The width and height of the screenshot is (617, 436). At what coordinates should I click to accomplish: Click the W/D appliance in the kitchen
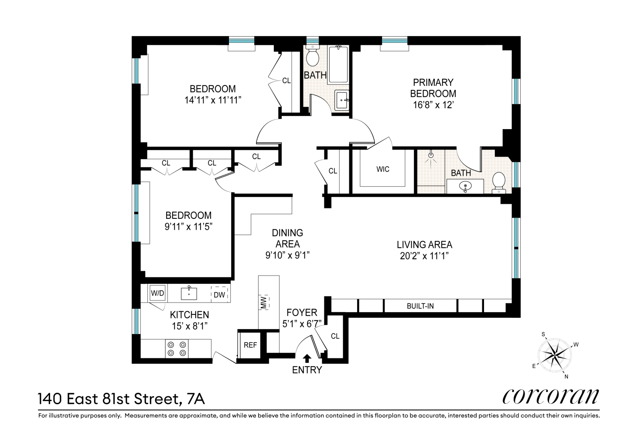pos(157,293)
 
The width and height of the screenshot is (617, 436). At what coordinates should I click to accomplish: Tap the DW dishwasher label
pos(219,295)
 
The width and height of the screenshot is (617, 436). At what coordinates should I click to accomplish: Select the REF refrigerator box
pos(250,345)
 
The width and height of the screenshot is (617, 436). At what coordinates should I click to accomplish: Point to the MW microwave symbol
pos(264,302)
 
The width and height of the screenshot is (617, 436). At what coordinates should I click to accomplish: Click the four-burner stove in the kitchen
pos(177,349)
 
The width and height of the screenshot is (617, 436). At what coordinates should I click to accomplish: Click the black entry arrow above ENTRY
pos(307,358)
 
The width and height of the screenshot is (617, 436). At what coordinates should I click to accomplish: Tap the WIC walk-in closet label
pos(383,169)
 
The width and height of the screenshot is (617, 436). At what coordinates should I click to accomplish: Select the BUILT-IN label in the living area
pos(420,306)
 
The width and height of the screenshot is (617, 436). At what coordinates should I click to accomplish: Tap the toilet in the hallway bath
pos(313,56)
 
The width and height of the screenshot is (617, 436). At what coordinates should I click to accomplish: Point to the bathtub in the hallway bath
pos(338,65)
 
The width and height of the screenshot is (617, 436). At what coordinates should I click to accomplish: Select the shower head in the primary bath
pos(431,155)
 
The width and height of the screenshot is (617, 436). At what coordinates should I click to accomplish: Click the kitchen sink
pos(189,293)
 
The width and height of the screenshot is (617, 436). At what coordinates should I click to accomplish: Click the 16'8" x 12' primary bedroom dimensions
pos(433,105)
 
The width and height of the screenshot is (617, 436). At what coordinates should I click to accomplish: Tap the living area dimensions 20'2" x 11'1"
pos(424,256)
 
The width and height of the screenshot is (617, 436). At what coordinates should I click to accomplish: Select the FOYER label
pos(302,313)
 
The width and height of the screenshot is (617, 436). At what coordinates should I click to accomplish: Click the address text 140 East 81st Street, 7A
pos(121,399)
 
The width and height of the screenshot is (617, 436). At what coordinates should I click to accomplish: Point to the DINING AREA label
pos(287,238)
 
